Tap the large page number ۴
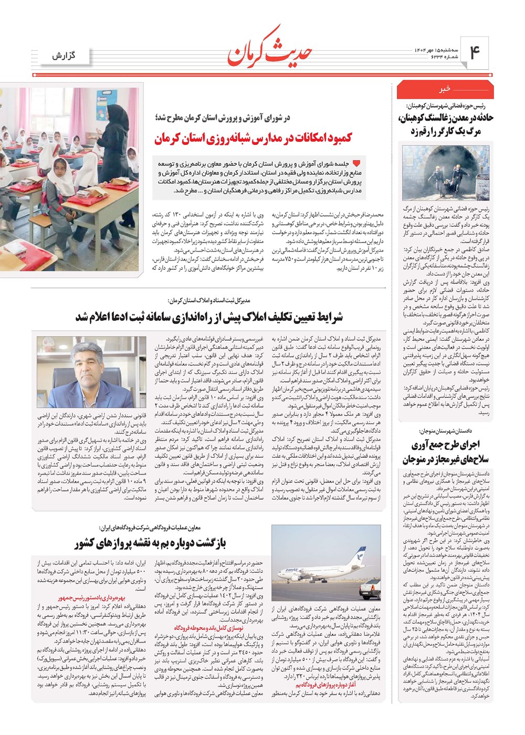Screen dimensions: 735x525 pos(475,54)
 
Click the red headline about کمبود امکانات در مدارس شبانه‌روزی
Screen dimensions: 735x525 pos(254,139)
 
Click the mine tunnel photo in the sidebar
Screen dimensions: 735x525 pos(446,173)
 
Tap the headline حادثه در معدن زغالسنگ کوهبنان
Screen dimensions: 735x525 pos(446,124)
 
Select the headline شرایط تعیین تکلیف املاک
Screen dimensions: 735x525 pos(209,317)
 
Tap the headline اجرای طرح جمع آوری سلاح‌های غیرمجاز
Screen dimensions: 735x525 pos(446,452)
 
